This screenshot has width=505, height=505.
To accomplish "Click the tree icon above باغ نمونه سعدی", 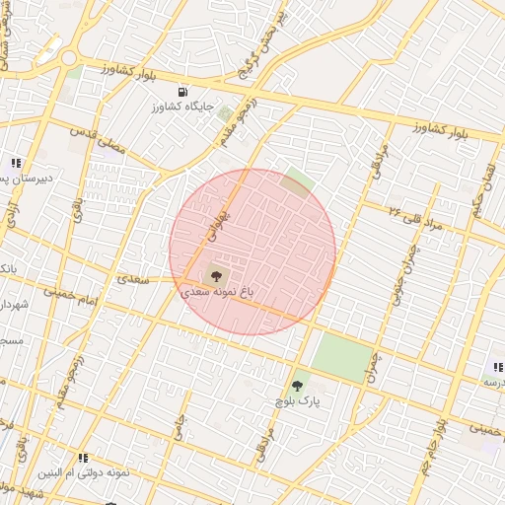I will [x=217, y=277].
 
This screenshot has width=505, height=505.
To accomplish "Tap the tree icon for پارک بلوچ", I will [x=297, y=386].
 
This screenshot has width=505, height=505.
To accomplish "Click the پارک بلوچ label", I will [x=297, y=401].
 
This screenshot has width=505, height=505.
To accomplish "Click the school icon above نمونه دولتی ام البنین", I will [x=83, y=459].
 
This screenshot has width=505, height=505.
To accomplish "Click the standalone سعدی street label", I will [x=133, y=279].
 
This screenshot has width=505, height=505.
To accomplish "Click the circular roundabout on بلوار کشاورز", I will [x=68, y=58].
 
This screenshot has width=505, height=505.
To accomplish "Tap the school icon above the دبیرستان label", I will [x=15, y=163].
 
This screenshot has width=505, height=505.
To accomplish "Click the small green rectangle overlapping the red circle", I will [x=296, y=182].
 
